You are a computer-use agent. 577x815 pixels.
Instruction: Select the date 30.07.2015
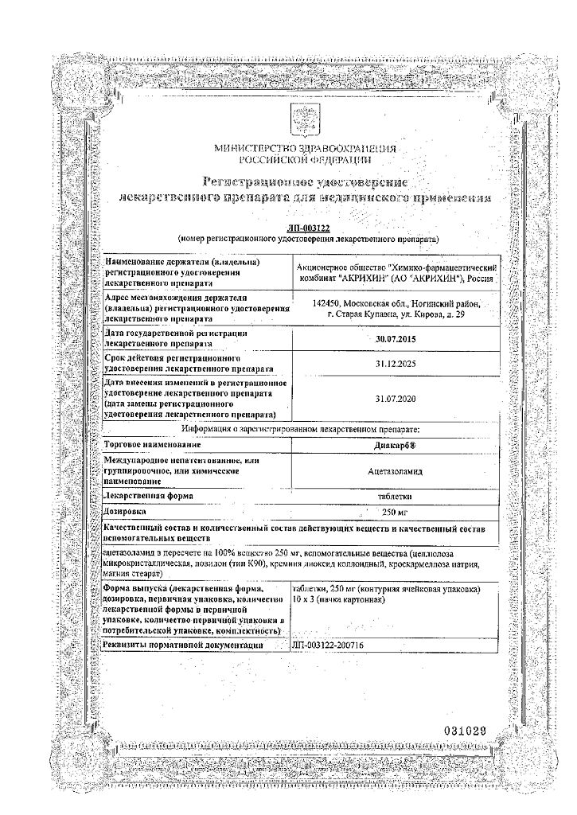pos(395,339)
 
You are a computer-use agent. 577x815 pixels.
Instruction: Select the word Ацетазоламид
pos(395,471)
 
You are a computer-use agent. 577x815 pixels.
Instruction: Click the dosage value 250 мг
pos(395,511)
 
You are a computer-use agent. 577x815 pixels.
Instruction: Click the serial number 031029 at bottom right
pos(470,731)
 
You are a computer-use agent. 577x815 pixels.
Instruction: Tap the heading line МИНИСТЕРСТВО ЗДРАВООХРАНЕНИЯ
pos(306,148)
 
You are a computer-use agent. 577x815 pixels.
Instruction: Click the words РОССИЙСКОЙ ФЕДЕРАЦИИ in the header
pos(306,158)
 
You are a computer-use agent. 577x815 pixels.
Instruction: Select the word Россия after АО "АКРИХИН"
pos(486,279)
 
